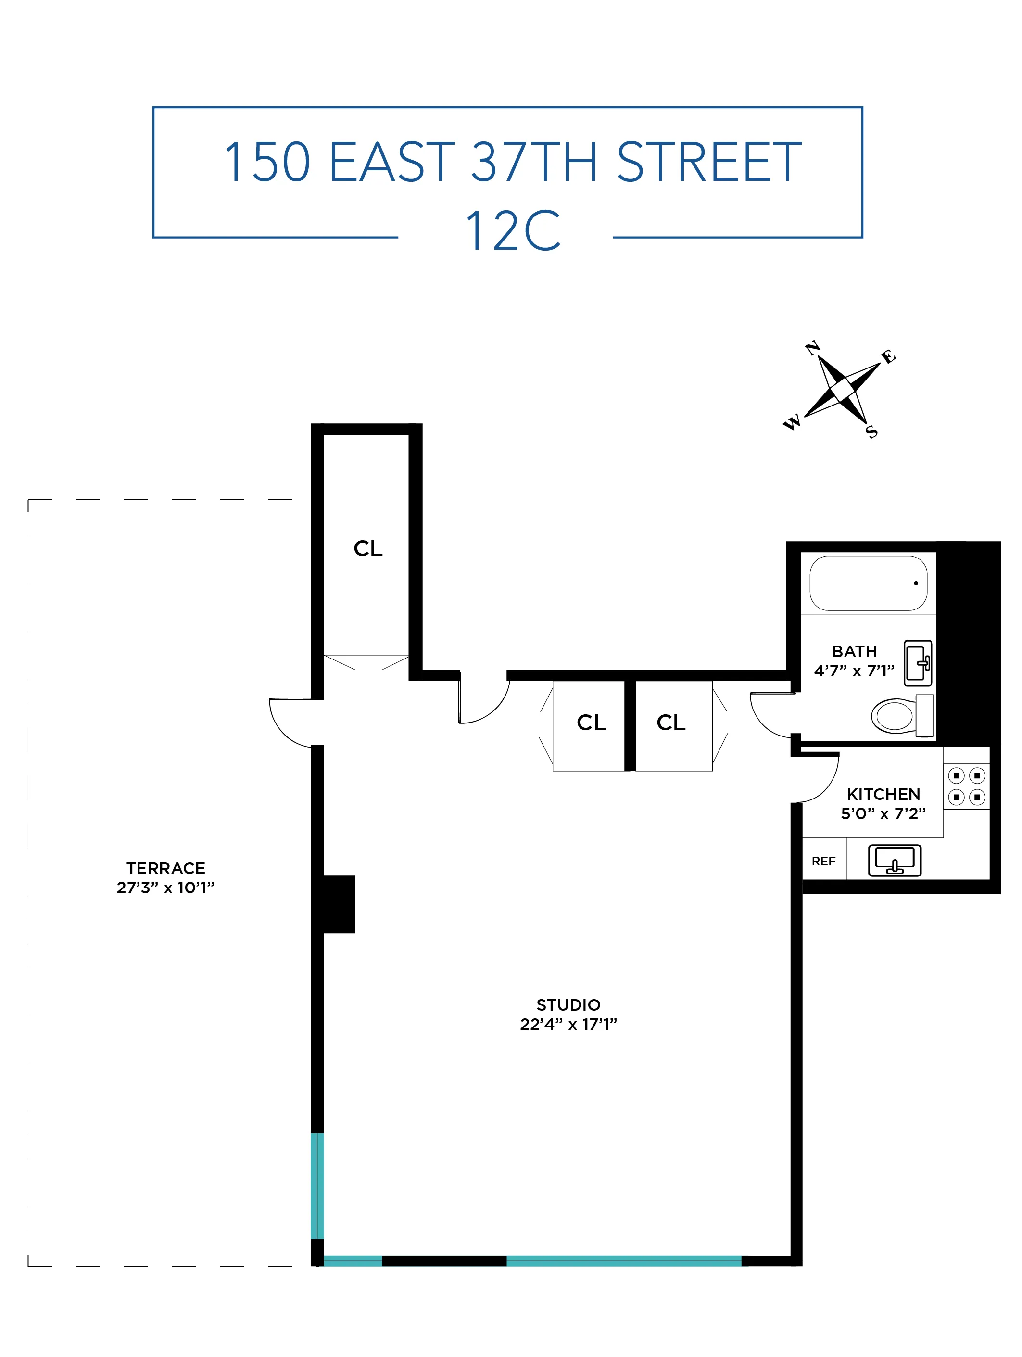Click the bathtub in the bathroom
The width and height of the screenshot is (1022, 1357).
click(x=868, y=583)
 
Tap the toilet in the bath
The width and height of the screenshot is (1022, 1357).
click(x=900, y=715)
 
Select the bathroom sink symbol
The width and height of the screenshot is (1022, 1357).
click(x=918, y=663)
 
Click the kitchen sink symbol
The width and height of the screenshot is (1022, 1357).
click(x=895, y=860)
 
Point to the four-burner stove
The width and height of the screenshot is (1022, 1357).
click(x=966, y=786)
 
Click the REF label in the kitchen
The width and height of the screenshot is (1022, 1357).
click(x=823, y=862)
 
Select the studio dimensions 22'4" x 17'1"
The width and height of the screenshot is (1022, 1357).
click(x=568, y=1024)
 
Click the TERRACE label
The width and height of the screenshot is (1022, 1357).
click(x=165, y=868)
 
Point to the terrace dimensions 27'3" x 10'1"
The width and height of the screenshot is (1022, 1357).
click(x=165, y=888)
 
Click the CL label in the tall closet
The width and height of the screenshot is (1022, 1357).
click(x=367, y=548)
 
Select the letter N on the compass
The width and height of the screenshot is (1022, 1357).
click(x=813, y=348)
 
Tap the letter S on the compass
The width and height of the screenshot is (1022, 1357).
click(x=871, y=432)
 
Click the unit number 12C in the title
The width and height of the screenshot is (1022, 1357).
click(x=513, y=231)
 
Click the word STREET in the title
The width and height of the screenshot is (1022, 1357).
click(x=708, y=162)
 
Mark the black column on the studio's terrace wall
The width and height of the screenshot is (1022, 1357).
click(x=338, y=904)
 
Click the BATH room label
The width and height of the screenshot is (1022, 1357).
click(x=854, y=651)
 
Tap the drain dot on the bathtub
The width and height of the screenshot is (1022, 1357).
click(x=916, y=583)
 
